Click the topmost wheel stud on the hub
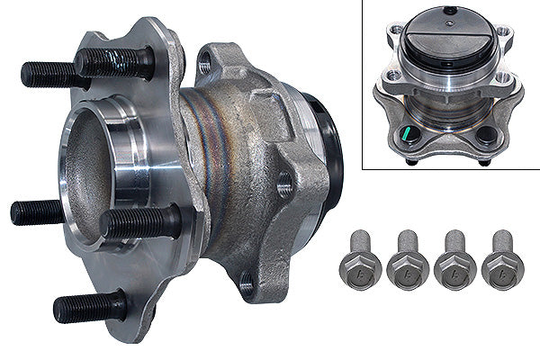[112, 62]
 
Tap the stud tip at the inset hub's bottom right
[486, 162]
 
